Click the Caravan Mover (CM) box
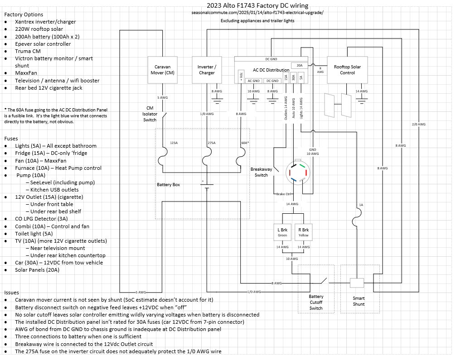tap(163, 70)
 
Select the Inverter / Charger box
tap(207, 70)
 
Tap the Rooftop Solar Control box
tap(347, 70)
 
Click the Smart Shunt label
tap(359, 301)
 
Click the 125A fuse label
tap(174, 143)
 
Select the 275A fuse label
tap(211, 143)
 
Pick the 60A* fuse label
tap(245, 143)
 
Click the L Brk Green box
tap(282, 232)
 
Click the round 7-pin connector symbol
tap(298, 174)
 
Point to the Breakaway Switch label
tap(261, 172)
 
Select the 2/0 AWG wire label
tap(418, 124)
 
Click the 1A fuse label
tap(361, 205)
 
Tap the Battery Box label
tap(169, 185)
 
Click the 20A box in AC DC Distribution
tap(299, 66)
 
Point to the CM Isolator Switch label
tap(150, 114)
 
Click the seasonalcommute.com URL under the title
tap(257, 13)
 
